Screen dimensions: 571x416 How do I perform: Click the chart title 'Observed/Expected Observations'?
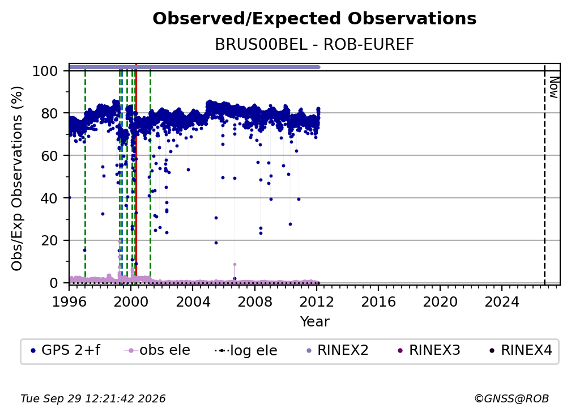pos(314,19)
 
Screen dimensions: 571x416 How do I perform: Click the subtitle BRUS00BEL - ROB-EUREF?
pos(314,45)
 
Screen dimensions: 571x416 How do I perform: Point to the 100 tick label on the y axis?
pos(45,71)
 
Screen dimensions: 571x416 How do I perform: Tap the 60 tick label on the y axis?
pos(49,156)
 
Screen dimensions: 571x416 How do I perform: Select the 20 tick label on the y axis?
pos(49,241)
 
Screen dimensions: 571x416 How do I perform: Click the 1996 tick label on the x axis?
pos(69,302)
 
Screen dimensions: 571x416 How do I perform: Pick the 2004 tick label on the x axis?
pos(193,302)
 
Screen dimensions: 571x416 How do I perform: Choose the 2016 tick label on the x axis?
pos(378,302)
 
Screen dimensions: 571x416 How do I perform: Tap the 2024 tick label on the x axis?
pos(502,302)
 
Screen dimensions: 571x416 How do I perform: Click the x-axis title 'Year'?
pos(314,322)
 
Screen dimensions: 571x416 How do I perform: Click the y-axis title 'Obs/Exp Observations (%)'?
pos(17,179)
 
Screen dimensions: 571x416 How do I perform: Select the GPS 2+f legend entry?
pos(66,350)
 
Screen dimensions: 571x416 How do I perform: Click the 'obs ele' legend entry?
pos(157,350)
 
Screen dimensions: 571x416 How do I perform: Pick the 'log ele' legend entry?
pos(246,350)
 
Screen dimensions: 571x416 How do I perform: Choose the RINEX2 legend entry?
pos(338,350)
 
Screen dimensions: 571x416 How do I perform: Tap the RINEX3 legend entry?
pos(429,350)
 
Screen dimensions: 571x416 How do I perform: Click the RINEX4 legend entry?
pos(521,350)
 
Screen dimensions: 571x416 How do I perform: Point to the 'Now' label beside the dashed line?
pos(554,87)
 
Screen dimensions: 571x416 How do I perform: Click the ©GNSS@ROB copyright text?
pos(512,398)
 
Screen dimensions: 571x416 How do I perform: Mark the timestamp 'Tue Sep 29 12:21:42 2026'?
pos(93,398)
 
